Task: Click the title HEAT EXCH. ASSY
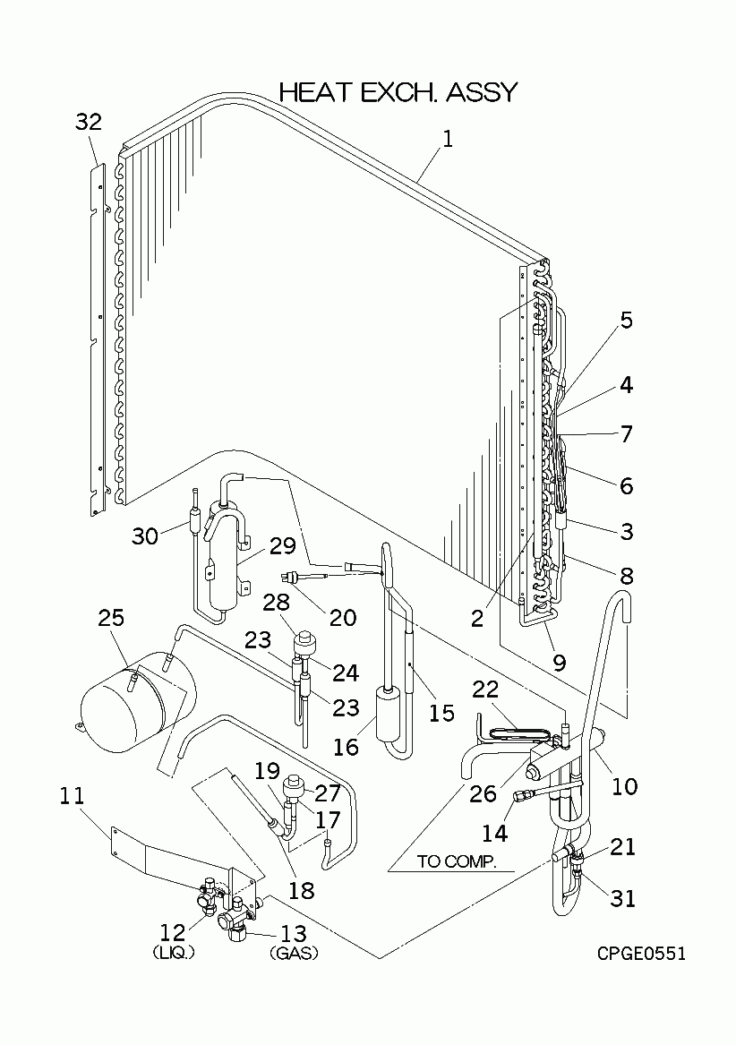tap(398, 92)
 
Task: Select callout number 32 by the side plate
tap(89, 123)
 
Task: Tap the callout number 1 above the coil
tap(448, 139)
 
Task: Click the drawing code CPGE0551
tap(642, 954)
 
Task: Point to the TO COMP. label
tap(454, 862)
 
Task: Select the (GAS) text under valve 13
tap(294, 954)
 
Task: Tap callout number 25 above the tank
tap(112, 618)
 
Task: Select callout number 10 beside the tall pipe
tap(624, 786)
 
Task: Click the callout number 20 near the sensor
tap(342, 617)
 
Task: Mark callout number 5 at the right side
tap(626, 321)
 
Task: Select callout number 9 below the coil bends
tap(559, 663)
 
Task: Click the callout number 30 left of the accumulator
tap(144, 535)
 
